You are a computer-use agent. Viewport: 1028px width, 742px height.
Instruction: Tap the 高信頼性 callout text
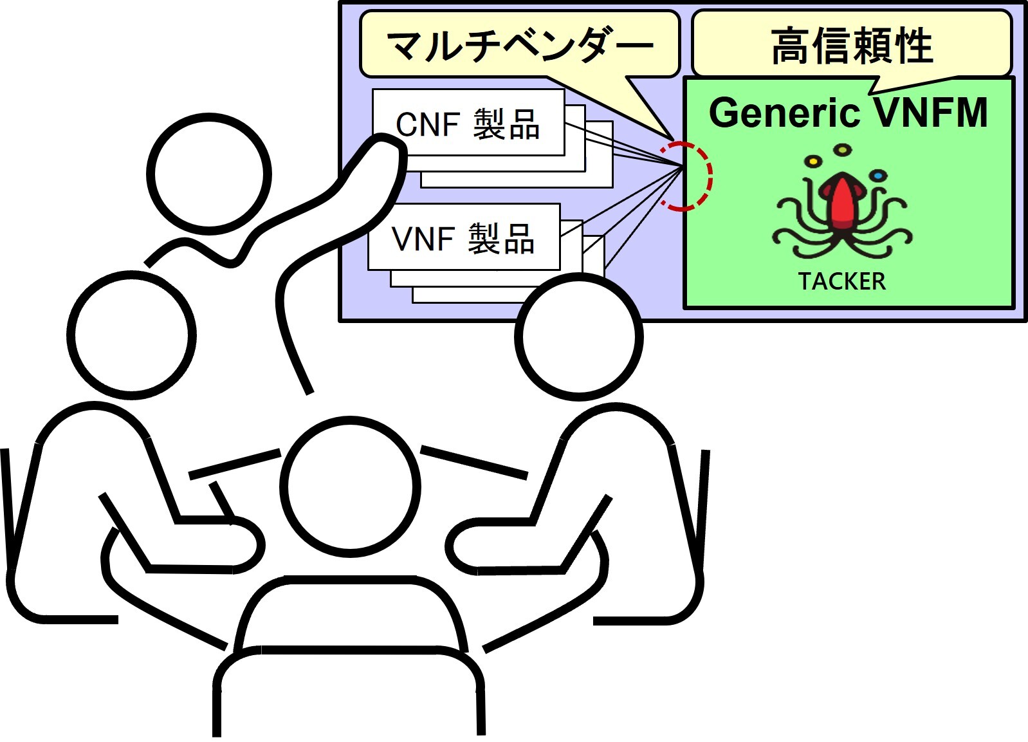point(852,46)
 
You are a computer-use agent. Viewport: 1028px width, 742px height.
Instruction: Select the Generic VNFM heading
point(848,113)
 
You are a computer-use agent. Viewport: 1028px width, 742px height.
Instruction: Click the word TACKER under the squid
point(841,281)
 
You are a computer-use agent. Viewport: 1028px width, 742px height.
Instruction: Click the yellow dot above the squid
point(812,161)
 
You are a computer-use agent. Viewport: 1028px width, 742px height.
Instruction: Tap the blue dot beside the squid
point(877,176)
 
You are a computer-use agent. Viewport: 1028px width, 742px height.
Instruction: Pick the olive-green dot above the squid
point(843,150)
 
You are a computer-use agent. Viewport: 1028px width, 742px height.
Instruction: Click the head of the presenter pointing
point(209,174)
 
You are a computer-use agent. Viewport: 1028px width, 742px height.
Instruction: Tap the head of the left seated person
point(131,335)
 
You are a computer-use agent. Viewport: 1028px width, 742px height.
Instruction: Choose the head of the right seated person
point(579,337)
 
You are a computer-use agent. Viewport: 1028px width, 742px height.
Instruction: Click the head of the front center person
point(350,487)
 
